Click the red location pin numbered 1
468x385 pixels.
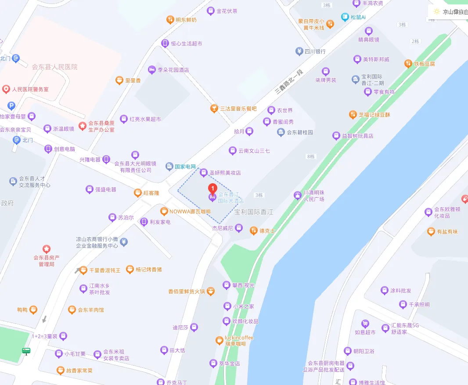[x=212, y=189]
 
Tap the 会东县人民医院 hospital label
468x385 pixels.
[x=54, y=67]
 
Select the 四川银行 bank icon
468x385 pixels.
[x=299, y=51]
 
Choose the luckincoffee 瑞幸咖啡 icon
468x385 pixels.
[x=219, y=340]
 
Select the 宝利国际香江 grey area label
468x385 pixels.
[x=254, y=212]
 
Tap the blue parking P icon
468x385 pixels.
[x=11, y=105]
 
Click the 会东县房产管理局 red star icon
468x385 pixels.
[x=46, y=249]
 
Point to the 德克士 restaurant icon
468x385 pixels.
[x=253, y=230]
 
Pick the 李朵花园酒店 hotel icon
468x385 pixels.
[x=151, y=69]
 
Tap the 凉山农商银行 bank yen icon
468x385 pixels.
[x=124, y=242]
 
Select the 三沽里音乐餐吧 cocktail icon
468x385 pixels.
[x=214, y=108]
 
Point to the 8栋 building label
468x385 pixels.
[x=311, y=156]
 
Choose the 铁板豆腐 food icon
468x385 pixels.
[x=408, y=64]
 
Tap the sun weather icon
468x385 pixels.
[x=436, y=11]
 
